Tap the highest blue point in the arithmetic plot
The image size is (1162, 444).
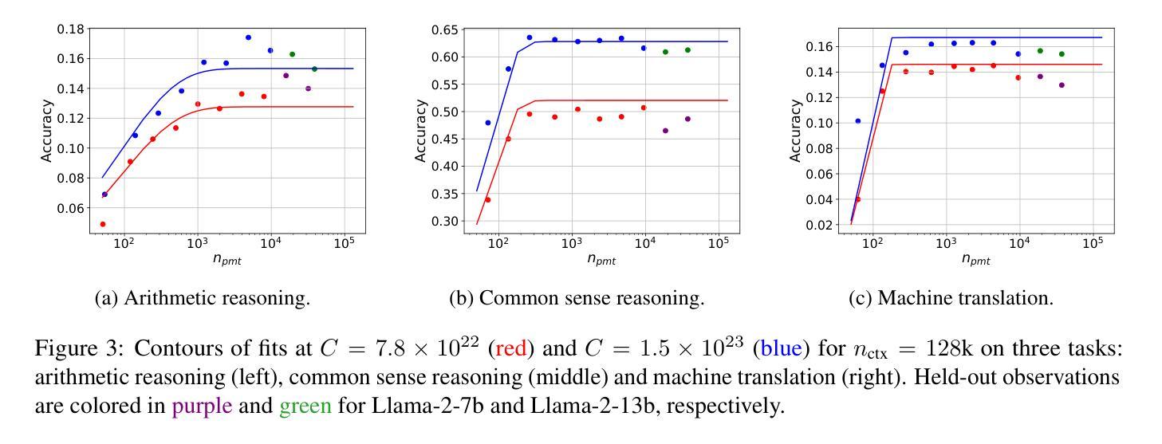coord(248,37)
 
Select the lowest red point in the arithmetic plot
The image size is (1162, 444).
coord(103,224)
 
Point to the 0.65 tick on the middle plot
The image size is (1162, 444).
coord(447,30)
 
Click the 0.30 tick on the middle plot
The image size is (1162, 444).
coord(447,221)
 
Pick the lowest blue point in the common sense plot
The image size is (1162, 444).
coord(488,123)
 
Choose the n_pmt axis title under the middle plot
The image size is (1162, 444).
coord(601,258)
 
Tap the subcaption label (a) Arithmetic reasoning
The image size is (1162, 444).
coord(203,299)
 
